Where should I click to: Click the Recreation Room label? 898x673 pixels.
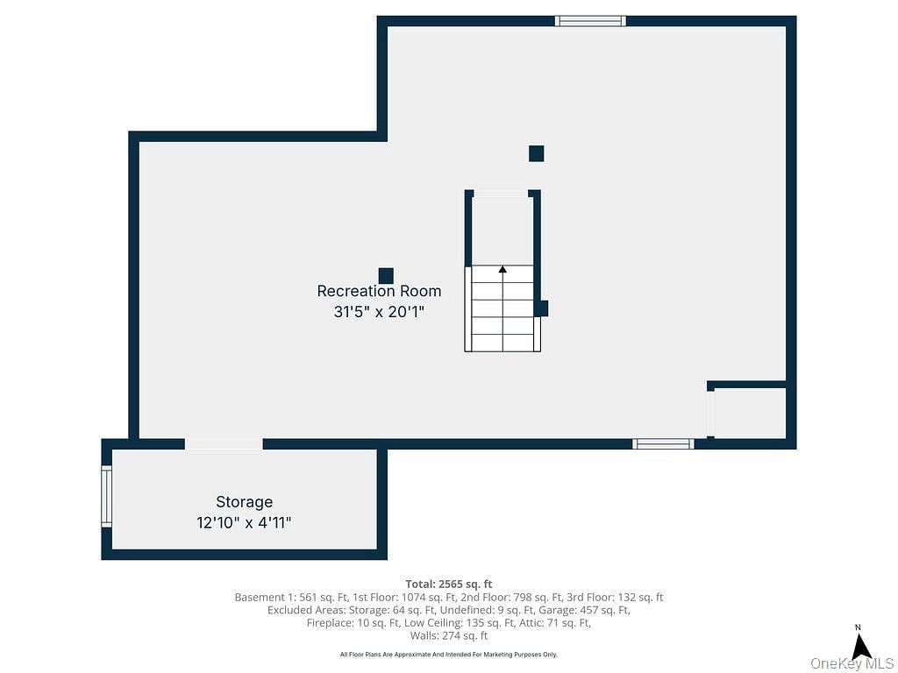[x=379, y=291]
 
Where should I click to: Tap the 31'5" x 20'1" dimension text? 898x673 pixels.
[x=379, y=312]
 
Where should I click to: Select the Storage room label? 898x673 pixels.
[x=244, y=502]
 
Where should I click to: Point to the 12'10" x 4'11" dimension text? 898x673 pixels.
[x=244, y=522]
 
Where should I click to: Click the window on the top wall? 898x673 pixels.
[x=590, y=21]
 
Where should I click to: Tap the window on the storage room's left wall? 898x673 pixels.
[x=106, y=496]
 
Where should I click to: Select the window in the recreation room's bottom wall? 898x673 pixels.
[x=663, y=443]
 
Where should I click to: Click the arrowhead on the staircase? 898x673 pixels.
[x=502, y=268]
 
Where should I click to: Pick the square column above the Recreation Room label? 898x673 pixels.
[x=386, y=276]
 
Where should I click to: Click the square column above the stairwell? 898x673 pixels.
[x=536, y=153]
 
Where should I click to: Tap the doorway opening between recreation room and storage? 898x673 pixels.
[x=224, y=443]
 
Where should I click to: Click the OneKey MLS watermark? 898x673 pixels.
[x=852, y=664]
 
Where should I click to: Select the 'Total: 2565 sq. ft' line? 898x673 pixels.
[x=449, y=584]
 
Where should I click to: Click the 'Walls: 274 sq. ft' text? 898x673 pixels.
[x=449, y=635]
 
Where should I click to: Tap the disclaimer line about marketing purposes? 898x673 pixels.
[x=449, y=654]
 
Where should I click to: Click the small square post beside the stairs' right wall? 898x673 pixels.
[x=542, y=308]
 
